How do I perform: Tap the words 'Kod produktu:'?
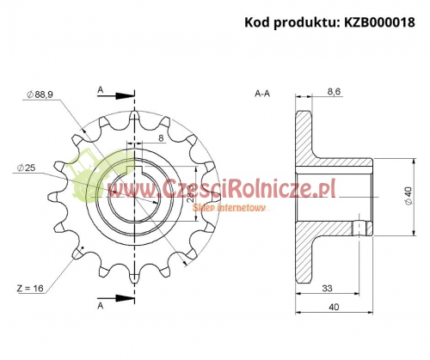coord(286,22)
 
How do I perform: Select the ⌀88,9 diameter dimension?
coord(44,94)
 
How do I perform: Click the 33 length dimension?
coord(328,289)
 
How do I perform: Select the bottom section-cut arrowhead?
coord(129,297)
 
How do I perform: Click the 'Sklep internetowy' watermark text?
coord(230,207)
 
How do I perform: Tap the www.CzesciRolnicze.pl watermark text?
coord(219,186)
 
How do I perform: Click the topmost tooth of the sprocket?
coord(135,117)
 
